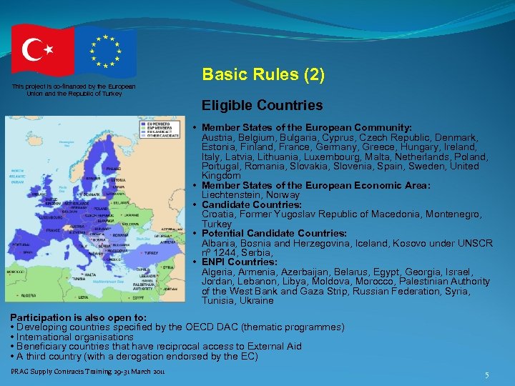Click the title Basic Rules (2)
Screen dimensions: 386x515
coord(264,74)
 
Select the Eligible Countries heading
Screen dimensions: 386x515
coord(262,106)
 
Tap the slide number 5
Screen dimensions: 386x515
coord(486,375)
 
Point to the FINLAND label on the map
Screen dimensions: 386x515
coord(114,169)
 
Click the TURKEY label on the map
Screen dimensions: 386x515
coord(151,252)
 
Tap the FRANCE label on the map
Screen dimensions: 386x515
coord(53,230)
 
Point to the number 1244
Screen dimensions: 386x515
coord(227,253)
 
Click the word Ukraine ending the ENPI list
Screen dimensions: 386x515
coord(257,301)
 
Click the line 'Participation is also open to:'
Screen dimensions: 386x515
coord(78,317)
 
